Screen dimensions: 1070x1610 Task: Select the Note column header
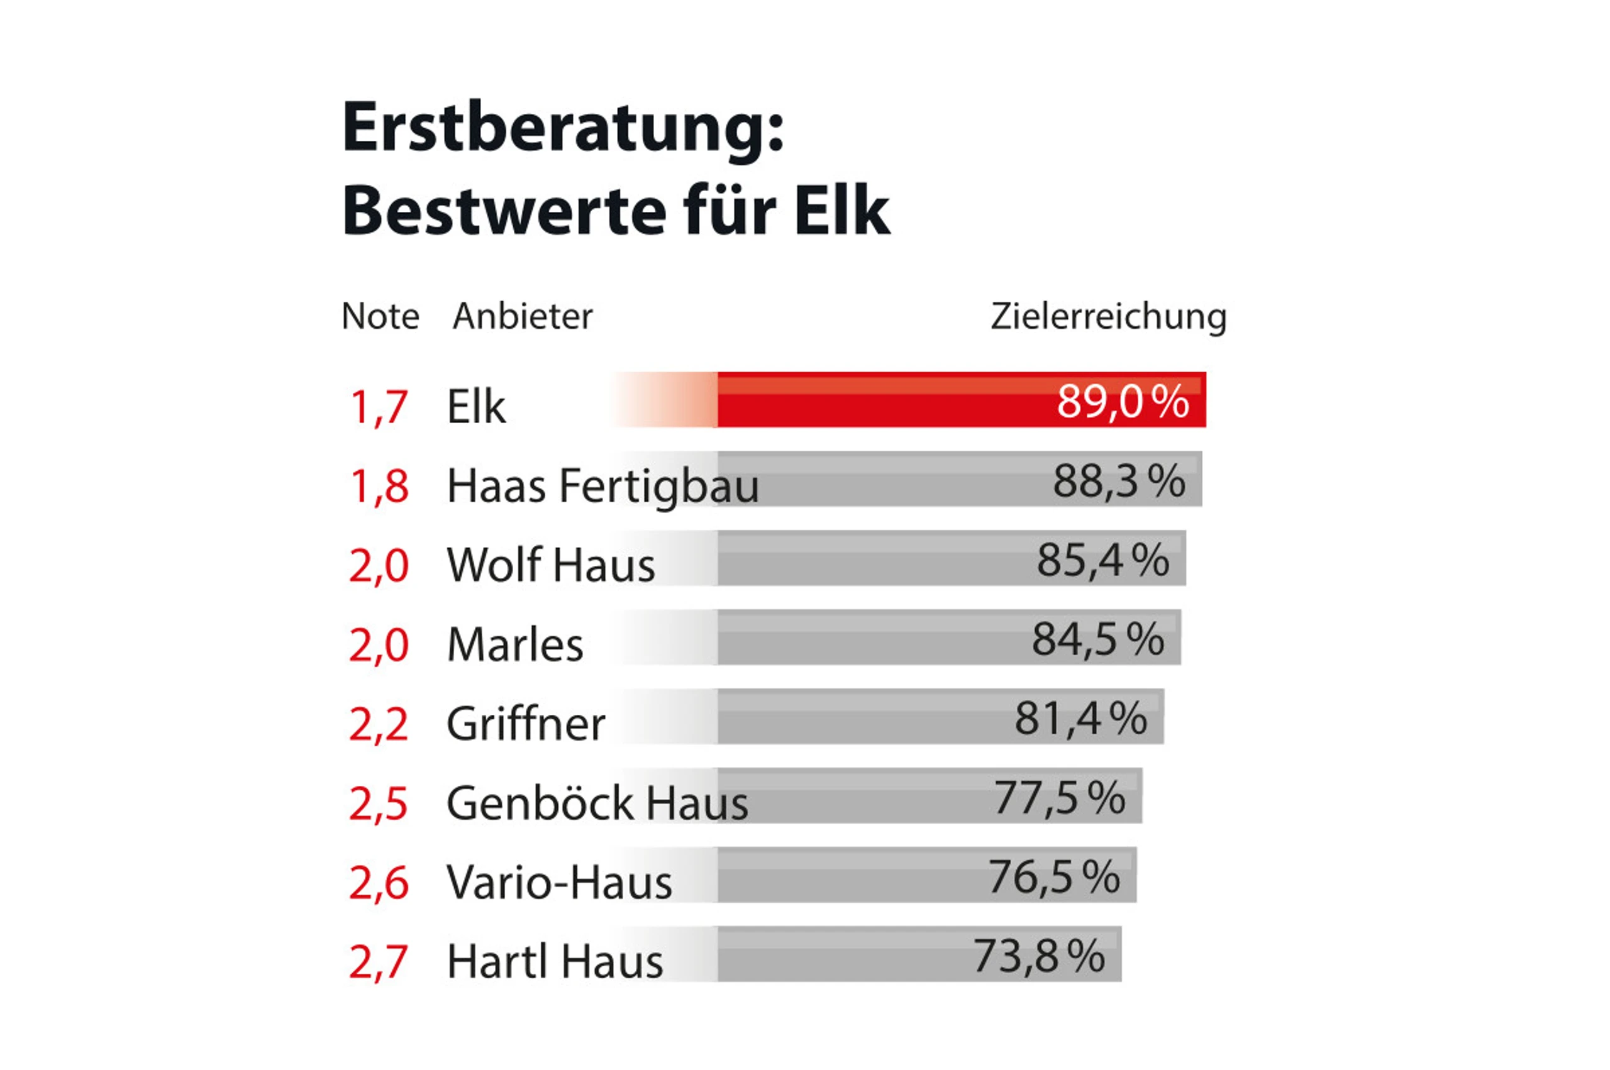click(x=380, y=317)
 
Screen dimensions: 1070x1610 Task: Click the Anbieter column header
click(x=522, y=317)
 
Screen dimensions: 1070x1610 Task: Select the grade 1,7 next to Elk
click(x=379, y=407)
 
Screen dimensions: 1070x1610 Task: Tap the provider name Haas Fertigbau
click(x=602, y=487)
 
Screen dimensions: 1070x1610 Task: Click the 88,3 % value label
click(x=1119, y=481)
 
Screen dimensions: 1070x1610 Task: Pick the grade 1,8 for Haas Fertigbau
click(x=379, y=487)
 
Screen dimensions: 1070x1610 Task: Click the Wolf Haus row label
click(x=551, y=566)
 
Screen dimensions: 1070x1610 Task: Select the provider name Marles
click(x=515, y=645)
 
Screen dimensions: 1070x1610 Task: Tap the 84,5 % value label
click(x=1097, y=639)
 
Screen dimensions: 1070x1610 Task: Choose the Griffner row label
click(x=526, y=724)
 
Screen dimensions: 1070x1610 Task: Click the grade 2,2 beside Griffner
click(x=379, y=724)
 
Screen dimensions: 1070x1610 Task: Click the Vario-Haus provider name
click(x=559, y=882)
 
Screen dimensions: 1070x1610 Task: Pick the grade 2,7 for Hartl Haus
click(x=379, y=961)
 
